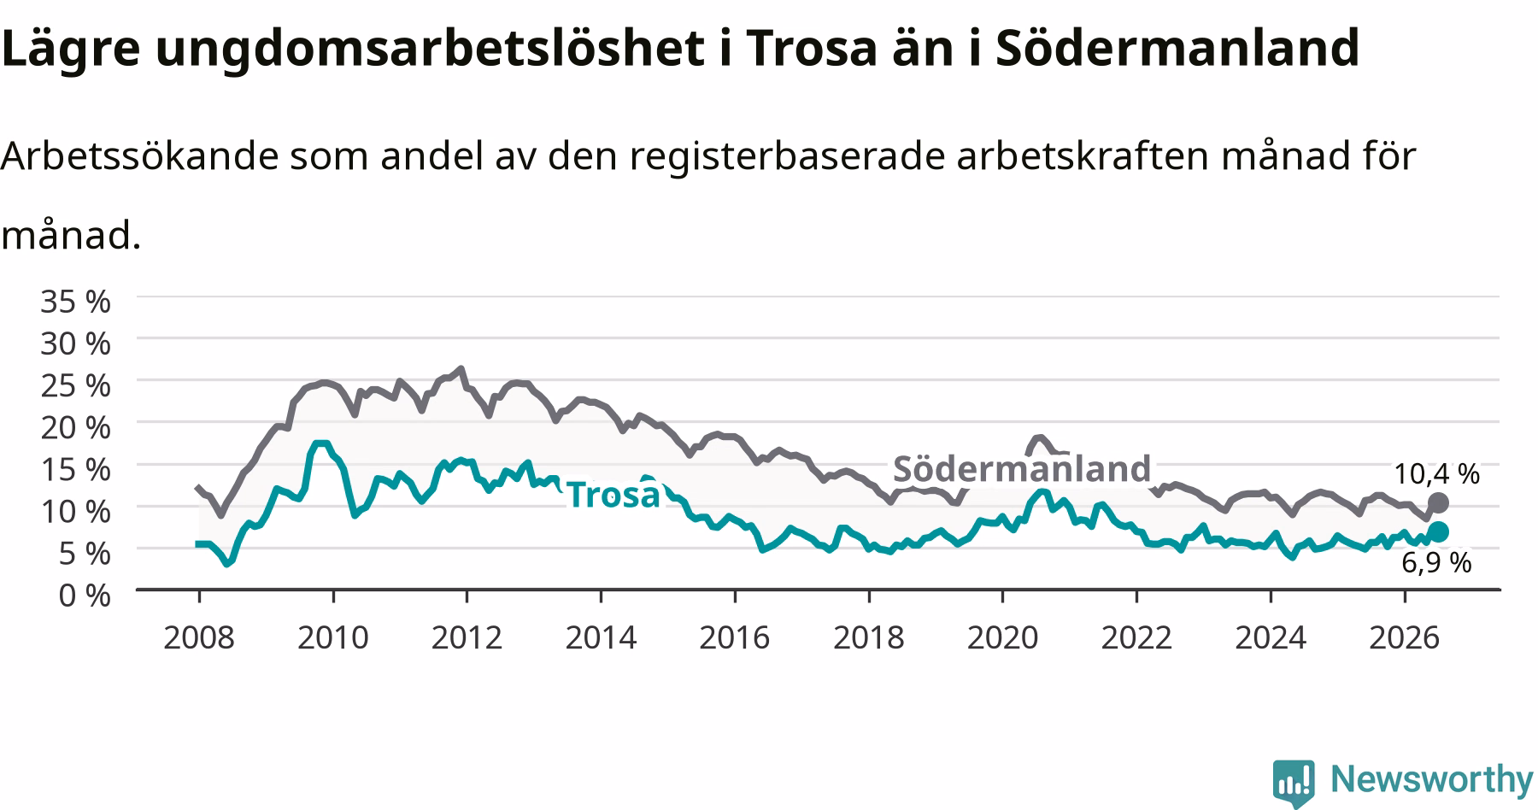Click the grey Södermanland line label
coord(1022,469)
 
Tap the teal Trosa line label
coord(613,495)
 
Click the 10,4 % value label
coord(1436,473)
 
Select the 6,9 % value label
coord(1436,562)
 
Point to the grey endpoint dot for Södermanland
coord(1438,502)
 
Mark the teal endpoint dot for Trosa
coord(1438,531)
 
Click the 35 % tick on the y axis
coord(76,302)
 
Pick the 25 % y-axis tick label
coord(76,385)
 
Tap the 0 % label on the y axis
coord(85,595)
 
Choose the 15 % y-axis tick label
coord(76,469)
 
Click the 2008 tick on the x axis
coord(198,637)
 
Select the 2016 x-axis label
coord(735,637)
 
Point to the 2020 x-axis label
coord(1002,637)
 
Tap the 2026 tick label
coord(1404,637)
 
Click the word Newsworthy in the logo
coord(1432,779)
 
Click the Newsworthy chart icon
coord(1294,782)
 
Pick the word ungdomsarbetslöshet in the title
coord(421,50)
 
